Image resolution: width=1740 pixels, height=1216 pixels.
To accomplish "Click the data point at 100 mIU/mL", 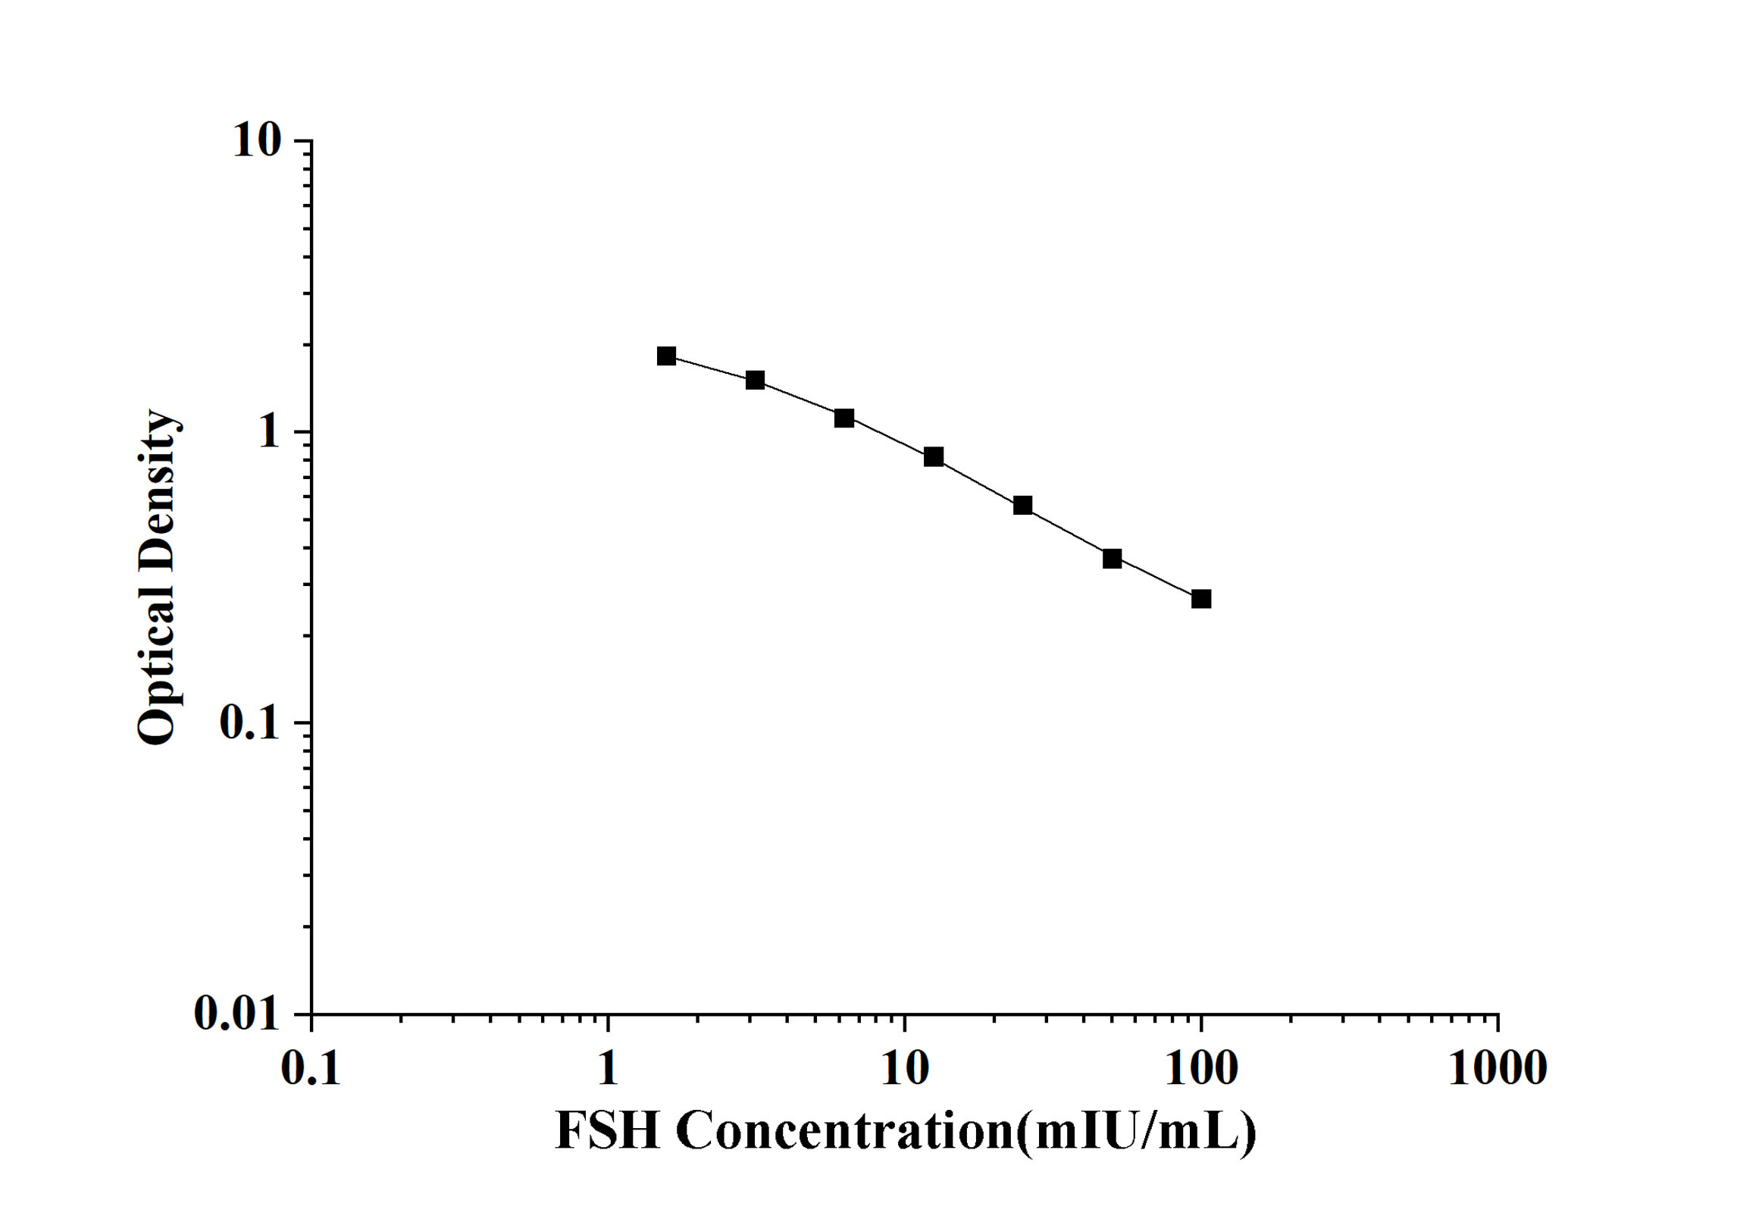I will click(x=1201, y=599).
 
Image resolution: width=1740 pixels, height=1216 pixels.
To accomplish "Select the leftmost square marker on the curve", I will click(x=666, y=356).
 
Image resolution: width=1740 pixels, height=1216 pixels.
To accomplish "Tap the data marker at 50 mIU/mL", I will click(x=1112, y=559).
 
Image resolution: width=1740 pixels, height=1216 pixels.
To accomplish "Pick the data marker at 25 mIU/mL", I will click(x=1022, y=505).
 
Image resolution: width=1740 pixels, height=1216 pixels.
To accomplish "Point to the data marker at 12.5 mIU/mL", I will click(x=934, y=456).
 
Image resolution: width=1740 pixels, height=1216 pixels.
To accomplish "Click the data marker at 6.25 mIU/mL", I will click(x=844, y=418).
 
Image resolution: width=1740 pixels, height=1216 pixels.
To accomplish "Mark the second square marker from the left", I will click(x=755, y=380).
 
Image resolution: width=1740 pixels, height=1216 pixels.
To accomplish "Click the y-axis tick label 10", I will click(x=256, y=140).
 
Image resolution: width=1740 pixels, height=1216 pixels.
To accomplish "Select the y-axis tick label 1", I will click(x=268, y=432).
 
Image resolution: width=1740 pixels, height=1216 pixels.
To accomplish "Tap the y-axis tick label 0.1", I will click(x=249, y=723).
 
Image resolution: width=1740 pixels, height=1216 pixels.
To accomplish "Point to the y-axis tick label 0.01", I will click(x=236, y=1013).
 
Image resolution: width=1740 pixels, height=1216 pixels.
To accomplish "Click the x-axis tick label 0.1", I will click(x=311, y=1070).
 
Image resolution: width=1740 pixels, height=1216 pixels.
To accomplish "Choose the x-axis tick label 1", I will click(x=608, y=1070).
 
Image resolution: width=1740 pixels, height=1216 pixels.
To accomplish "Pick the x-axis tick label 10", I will click(x=905, y=1070).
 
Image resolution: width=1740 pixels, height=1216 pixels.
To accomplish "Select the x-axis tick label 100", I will click(x=1201, y=1070).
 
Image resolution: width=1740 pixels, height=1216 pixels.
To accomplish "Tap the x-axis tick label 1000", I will click(x=1497, y=1070).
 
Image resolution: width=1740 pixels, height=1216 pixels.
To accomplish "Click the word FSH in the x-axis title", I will click(x=608, y=1131).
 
